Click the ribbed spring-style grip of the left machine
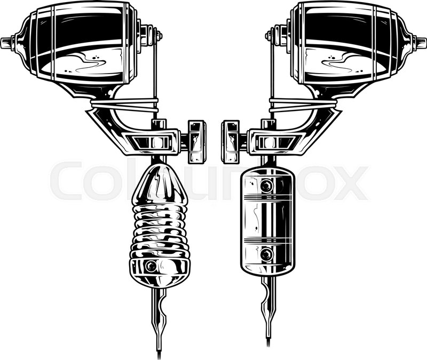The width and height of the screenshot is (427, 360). point(159,231)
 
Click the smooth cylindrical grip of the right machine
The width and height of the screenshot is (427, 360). point(267,221)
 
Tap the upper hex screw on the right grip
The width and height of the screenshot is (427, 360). point(266,186)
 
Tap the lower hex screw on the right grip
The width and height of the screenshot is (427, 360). point(266,255)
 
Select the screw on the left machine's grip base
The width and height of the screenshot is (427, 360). point(151,266)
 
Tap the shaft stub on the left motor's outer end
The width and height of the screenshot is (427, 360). point(7,43)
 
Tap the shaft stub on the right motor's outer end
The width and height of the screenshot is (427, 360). point(420,42)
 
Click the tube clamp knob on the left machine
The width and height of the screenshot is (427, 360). point(197,142)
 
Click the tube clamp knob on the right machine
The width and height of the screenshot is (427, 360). point(231,142)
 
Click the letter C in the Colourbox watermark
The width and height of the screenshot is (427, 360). point(67,181)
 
